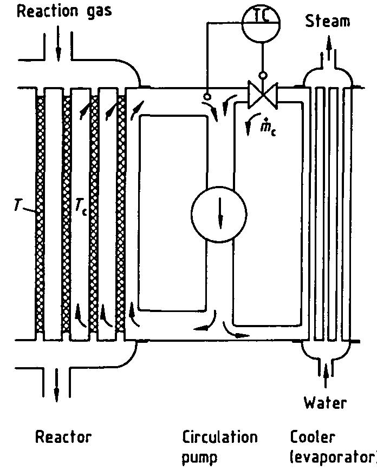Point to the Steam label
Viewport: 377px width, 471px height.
point(328,21)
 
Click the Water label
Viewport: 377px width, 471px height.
point(324,402)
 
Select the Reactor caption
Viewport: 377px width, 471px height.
point(63,437)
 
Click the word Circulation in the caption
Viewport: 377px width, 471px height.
point(219,437)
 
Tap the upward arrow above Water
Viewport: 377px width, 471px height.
point(326,376)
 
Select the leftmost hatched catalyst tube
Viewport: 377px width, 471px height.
point(39,214)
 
